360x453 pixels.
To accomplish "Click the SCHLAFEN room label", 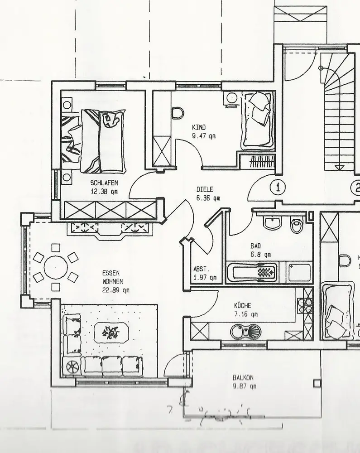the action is [105, 183].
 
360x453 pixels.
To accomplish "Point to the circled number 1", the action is [278, 187].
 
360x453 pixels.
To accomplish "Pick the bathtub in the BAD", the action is [256, 273].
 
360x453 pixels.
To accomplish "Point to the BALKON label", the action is [243, 377].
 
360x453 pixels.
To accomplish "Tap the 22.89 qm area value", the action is [115, 290].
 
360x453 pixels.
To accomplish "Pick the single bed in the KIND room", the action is [257, 120].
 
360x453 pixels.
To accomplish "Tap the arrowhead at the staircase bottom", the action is [337, 167].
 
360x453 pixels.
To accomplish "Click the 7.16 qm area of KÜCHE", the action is [246, 313].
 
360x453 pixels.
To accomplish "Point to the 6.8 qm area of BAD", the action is [260, 254].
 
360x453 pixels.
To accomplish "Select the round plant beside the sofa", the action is [72, 365].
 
